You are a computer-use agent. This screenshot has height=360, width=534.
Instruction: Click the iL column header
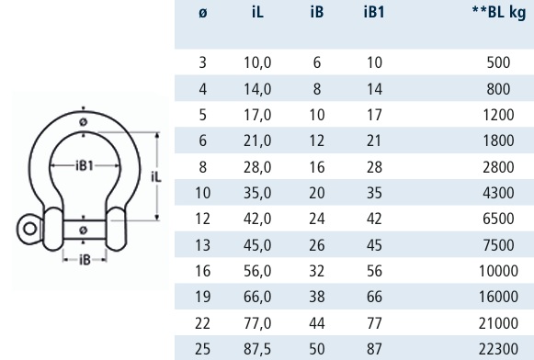(257, 12)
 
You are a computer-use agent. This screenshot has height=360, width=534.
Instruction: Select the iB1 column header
(374, 12)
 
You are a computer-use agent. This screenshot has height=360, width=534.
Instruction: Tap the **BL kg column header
(499, 12)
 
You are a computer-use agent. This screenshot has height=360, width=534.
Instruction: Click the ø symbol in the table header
(202, 13)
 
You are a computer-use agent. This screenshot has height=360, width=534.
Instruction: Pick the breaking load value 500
(498, 62)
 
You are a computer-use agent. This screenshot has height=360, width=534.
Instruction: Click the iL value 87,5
(257, 349)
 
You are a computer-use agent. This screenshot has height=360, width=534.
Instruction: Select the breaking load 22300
(498, 349)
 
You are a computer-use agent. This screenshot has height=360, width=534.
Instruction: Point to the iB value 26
(317, 245)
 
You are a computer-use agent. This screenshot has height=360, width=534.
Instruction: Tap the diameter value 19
(202, 297)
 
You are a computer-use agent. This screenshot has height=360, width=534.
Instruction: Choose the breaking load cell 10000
(498, 271)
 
